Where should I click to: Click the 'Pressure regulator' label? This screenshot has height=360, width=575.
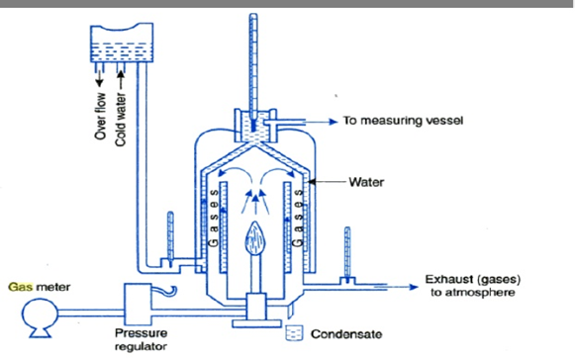click(x=144, y=339)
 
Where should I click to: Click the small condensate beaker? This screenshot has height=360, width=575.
click(x=293, y=332)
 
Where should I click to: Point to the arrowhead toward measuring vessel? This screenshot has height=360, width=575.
click(x=330, y=122)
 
